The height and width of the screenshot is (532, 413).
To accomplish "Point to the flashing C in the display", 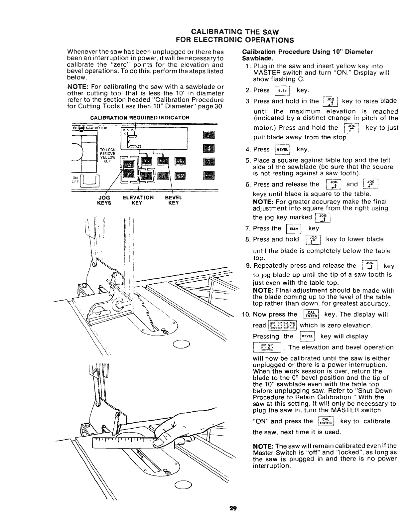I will tap(132, 142).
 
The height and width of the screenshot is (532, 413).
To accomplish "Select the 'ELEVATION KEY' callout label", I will tap(138, 200).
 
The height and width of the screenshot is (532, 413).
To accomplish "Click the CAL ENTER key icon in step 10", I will tap(312, 315).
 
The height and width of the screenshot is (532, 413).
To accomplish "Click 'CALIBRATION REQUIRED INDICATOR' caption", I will tap(140, 117).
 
